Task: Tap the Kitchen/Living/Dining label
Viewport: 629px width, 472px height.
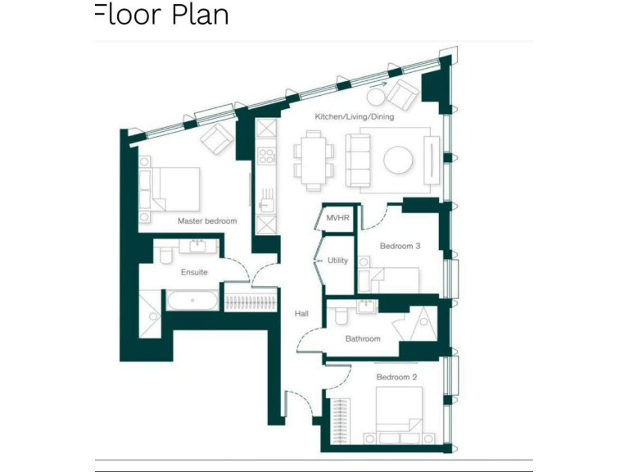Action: [354, 117]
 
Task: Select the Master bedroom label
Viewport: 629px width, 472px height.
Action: [206, 221]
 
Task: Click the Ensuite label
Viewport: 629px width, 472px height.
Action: [194, 272]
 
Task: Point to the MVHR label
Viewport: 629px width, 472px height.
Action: [337, 218]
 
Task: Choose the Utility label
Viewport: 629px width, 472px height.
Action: [337, 261]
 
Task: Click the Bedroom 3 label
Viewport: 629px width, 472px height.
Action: [400, 246]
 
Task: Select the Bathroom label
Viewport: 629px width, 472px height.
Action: [362, 338]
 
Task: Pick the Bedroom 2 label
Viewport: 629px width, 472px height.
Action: [396, 377]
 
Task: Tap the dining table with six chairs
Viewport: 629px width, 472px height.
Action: [314, 158]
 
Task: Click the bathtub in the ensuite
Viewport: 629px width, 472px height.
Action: [193, 300]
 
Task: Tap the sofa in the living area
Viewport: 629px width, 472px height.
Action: [357, 158]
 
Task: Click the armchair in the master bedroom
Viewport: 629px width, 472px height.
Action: [217, 139]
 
